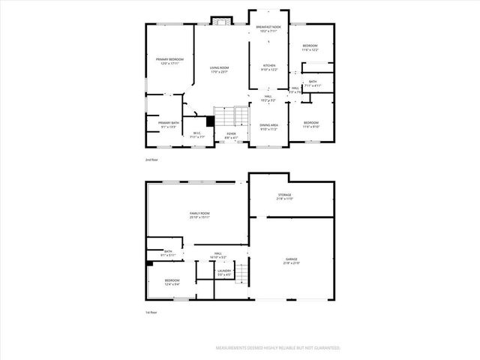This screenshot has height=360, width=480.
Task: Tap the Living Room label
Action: (219, 70)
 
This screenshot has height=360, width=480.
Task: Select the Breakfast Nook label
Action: (268, 29)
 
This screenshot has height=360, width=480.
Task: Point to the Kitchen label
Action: (268, 67)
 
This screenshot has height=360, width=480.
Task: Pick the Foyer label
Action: (231, 136)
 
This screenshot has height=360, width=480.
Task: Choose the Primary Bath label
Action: (169, 124)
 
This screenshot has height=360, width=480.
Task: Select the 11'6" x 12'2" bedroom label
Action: (310, 48)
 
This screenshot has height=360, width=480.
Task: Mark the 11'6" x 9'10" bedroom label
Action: (310, 124)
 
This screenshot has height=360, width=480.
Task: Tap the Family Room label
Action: (199, 216)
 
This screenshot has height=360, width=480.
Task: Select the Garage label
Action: (291, 261)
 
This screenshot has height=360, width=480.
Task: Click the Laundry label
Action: (223, 272)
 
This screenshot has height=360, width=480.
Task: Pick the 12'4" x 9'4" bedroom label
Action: (172, 282)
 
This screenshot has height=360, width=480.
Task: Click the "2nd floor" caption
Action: (151, 160)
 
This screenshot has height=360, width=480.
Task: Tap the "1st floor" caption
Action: (151, 312)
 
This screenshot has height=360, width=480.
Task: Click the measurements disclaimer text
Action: (278, 348)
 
